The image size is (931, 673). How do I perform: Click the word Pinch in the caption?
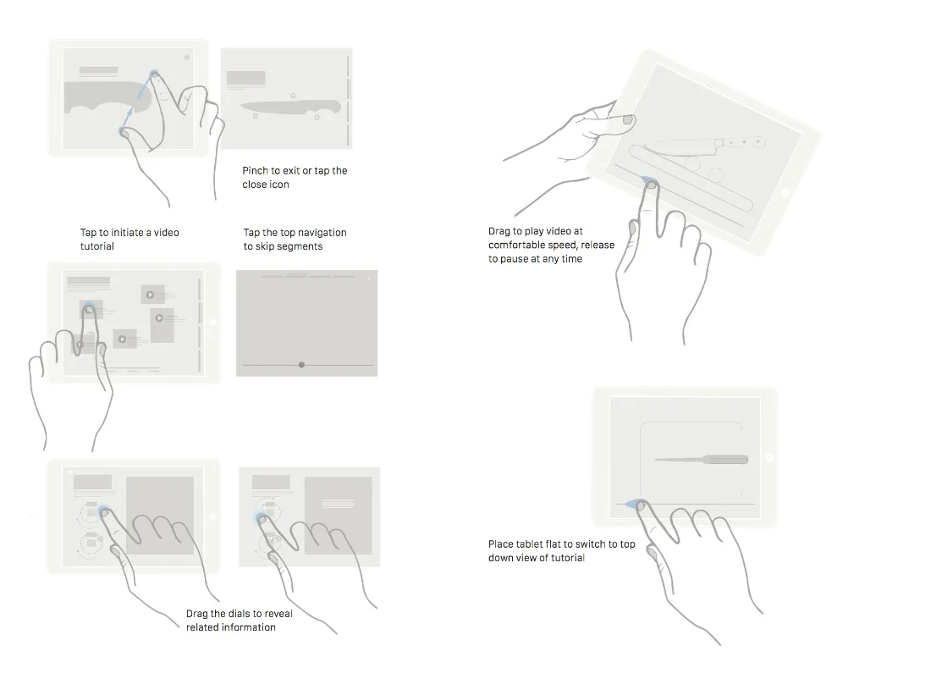tap(256, 171)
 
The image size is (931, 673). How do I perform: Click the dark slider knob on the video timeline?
tap(301, 365)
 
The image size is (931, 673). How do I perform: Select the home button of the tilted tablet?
tap(785, 193)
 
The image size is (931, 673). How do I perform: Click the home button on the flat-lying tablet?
tap(768, 457)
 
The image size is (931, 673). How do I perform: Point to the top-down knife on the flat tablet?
tap(702, 460)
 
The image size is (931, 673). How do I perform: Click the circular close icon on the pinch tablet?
tap(186, 58)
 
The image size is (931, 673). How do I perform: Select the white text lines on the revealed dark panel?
tap(336, 502)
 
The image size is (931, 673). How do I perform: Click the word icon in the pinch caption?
tap(279, 185)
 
